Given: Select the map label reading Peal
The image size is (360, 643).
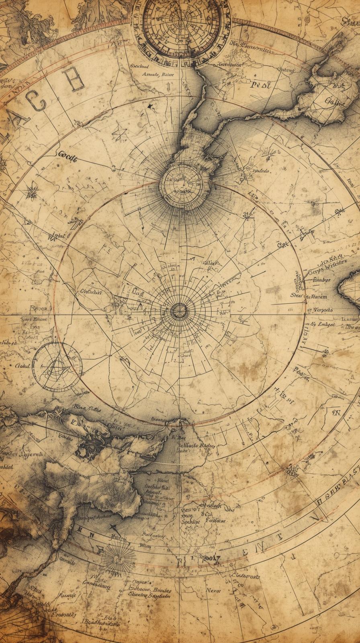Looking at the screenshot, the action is [261, 84].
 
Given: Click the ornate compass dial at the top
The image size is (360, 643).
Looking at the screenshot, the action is [182, 27].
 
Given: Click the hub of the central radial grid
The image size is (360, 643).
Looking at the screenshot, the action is [179, 310].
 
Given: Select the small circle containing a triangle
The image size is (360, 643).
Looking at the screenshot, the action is [57, 367].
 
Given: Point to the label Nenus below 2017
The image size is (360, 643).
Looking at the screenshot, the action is [214, 590].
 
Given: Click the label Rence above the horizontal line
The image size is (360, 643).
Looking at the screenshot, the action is [39, 308].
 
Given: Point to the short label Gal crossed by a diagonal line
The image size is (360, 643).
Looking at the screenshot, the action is [282, 244].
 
